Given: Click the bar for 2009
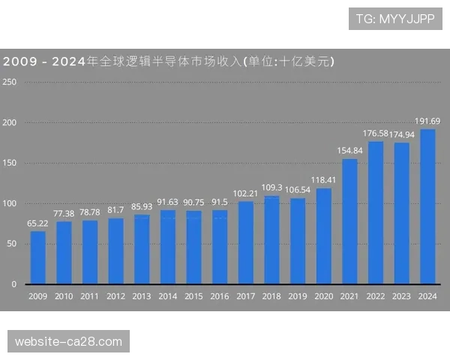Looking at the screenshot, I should coord(37,257).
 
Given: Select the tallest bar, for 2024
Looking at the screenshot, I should coord(427,206).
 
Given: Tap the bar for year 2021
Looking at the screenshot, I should coord(349,221).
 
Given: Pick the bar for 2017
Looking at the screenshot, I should coord(246,242).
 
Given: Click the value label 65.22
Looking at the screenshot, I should coord(37,223).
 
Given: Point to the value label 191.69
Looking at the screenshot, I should coord(427,121).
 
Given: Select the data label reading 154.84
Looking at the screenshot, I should coord(349,151).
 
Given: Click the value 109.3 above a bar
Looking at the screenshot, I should coord(271,187).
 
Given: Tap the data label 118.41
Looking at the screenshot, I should coord(324,180).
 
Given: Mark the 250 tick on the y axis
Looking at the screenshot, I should coord(10,82).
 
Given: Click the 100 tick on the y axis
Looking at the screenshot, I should coord(10,204).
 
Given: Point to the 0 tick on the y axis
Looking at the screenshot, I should coord(13,285).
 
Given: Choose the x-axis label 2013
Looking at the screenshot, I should coord(142,297).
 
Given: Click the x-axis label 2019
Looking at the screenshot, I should coord(298,297).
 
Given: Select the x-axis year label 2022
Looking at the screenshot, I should coord(376,297).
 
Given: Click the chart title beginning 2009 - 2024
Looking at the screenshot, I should coord(169,61).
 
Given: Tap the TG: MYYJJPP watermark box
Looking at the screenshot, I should coord(395,19).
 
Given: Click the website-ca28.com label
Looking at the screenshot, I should coord(68,342).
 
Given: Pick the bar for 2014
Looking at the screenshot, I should coord(168,247).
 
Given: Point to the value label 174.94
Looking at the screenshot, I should coord(402,134).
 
